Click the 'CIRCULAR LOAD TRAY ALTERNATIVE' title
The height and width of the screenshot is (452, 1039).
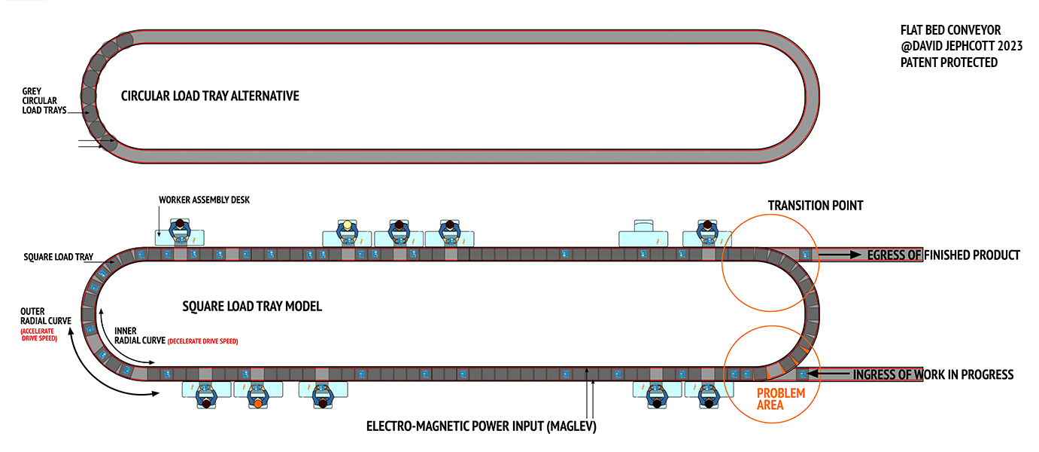(x=210, y=96)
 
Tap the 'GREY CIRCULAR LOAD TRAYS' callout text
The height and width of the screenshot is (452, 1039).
(x=44, y=101)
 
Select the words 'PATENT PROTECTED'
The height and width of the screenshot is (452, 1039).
(x=949, y=63)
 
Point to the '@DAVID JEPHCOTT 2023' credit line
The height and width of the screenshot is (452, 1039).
(x=961, y=46)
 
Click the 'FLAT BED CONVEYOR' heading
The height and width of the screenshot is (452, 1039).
(x=950, y=30)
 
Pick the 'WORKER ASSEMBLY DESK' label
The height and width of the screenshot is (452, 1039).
(x=204, y=200)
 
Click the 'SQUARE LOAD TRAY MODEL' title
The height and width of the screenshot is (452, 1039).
(x=252, y=306)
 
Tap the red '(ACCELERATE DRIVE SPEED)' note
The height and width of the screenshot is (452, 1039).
(x=38, y=334)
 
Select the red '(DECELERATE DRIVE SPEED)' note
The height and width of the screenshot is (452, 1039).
(x=202, y=341)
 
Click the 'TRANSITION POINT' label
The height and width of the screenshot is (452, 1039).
(x=816, y=206)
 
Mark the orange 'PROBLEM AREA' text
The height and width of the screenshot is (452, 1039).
(x=781, y=399)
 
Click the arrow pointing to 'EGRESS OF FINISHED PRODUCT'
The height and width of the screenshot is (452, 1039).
(x=840, y=255)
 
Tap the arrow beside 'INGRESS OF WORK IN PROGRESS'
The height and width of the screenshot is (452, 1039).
(x=829, y=373)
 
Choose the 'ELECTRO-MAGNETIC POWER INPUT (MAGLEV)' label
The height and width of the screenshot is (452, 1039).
(x=481, y=426)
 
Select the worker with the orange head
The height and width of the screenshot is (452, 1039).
(x=258, y=397)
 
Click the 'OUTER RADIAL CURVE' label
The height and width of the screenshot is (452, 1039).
(x=45, y=316)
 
